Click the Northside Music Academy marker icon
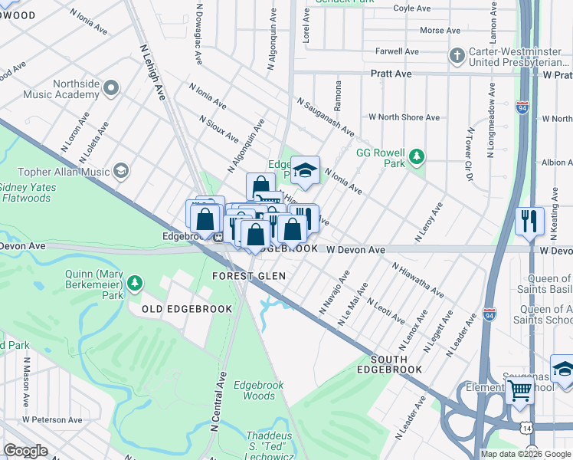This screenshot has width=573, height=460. tap(112, 88)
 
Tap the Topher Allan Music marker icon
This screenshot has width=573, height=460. tap(121, 171)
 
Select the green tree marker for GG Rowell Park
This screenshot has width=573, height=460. tap(416, 157)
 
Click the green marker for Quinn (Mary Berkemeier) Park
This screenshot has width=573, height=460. tap(136, 284)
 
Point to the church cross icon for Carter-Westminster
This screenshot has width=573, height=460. tap(457, 55)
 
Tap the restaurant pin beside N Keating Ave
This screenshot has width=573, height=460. tap(529, 221)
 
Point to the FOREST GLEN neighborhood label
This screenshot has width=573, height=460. tap(249, 276)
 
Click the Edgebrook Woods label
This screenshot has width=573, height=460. tap(254, 390)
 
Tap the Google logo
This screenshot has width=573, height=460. tap(26, 450)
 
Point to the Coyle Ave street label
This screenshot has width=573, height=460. tap(413, 8)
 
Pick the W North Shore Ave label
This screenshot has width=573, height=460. tap(404, 117)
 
